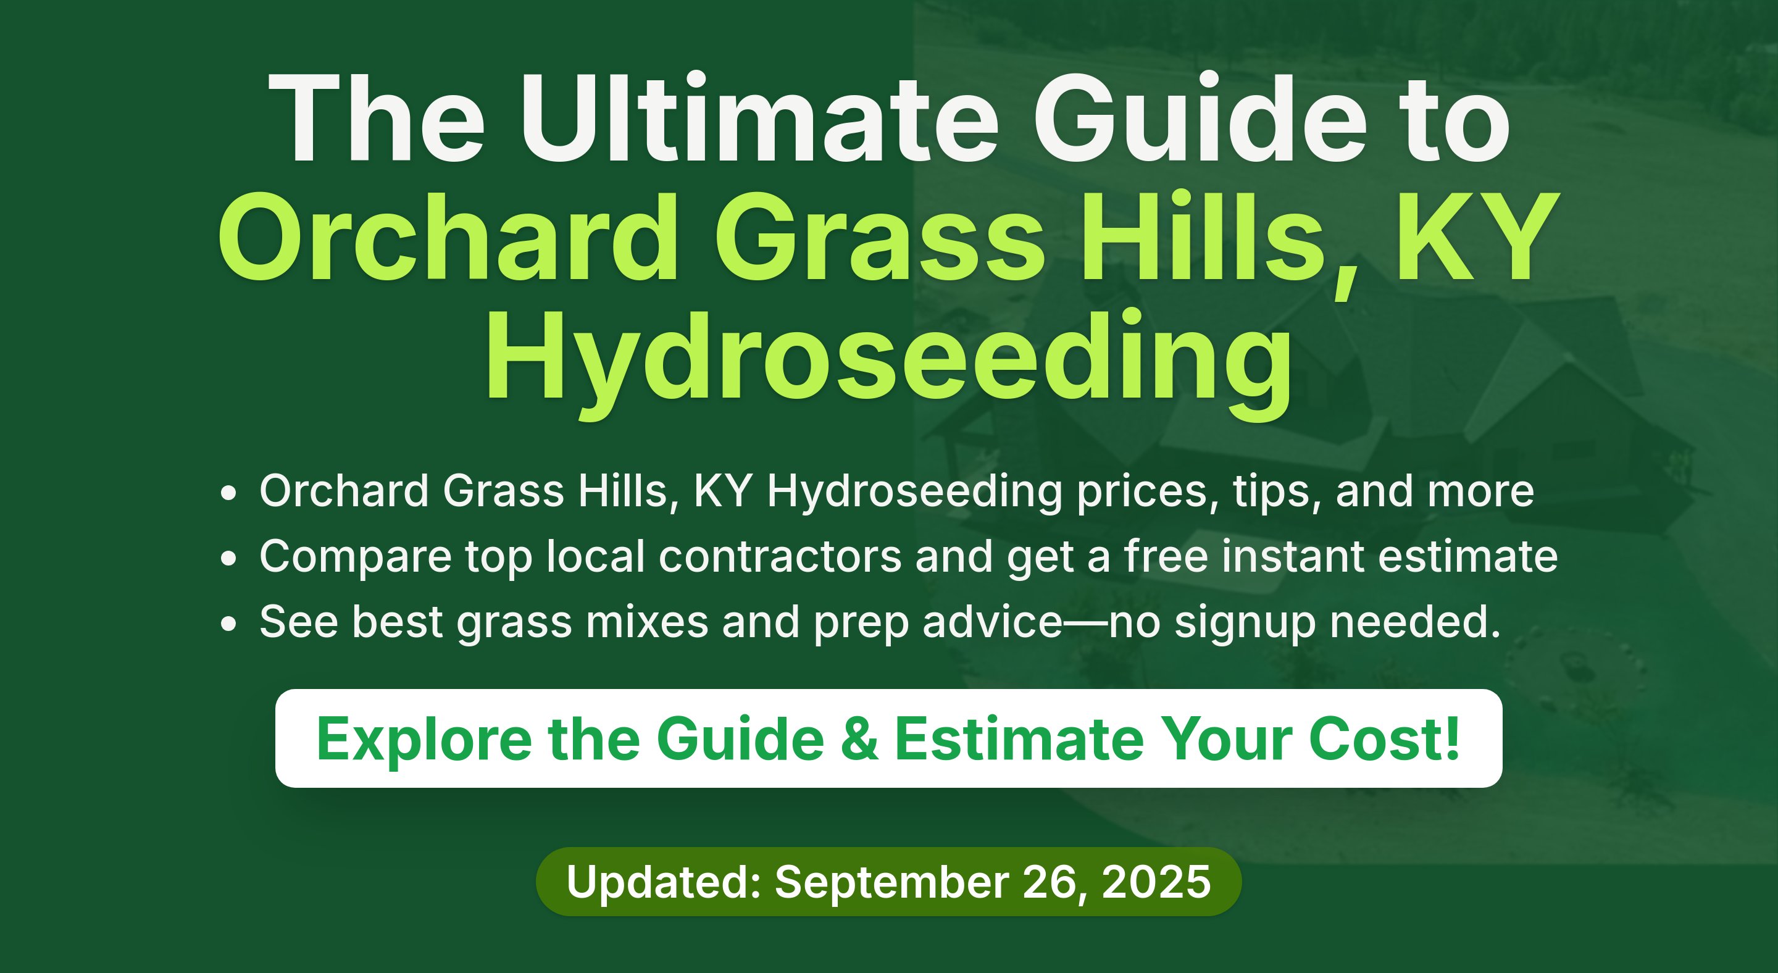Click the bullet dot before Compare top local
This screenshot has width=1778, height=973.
[x=228, y=558]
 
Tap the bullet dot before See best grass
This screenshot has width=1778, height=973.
[x=228, y=624]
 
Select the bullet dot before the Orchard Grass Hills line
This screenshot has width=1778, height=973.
[x=228, y=493]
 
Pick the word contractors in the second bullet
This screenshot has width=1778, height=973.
[x=780, y=556]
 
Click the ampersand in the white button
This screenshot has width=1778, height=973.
[x=859, y=739]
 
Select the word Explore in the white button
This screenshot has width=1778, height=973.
[x=424, y=740]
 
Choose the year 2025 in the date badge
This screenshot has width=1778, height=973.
[x=1156, y=882]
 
